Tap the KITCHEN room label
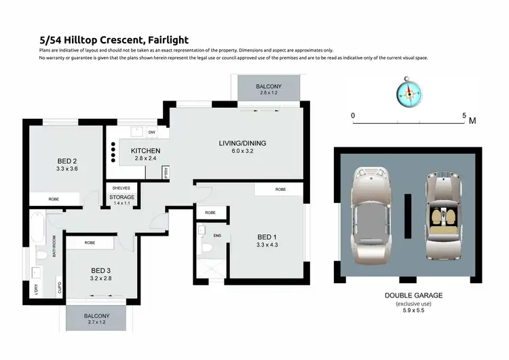145,150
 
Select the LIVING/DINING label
242,143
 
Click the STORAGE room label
122,198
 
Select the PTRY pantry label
165,173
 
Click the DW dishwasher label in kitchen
151,132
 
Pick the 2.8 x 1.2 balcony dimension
268,92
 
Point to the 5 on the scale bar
464,116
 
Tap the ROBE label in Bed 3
90,242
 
